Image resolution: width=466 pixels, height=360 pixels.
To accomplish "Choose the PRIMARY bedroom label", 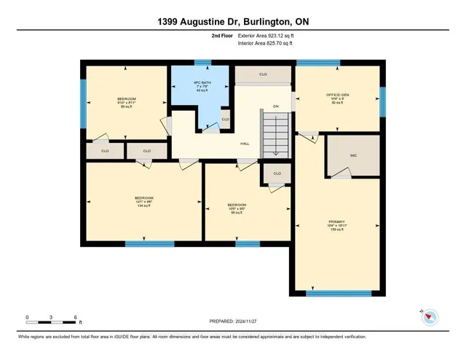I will coord(336,221).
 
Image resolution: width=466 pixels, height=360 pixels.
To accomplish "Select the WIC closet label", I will coord(352,155).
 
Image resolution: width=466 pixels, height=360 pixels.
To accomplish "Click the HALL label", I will coord(245,144).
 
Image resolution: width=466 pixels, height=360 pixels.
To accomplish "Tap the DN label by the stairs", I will coord(276,107).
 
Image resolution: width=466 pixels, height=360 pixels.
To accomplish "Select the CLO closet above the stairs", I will coord(263,74).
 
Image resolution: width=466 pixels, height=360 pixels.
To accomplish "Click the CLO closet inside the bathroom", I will coord(226,119).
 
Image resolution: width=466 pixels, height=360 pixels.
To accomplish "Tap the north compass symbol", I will coord(430,317).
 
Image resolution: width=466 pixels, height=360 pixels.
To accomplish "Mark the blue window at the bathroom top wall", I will coord(202,63).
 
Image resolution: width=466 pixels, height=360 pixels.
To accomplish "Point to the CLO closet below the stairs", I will coord(277,173).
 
